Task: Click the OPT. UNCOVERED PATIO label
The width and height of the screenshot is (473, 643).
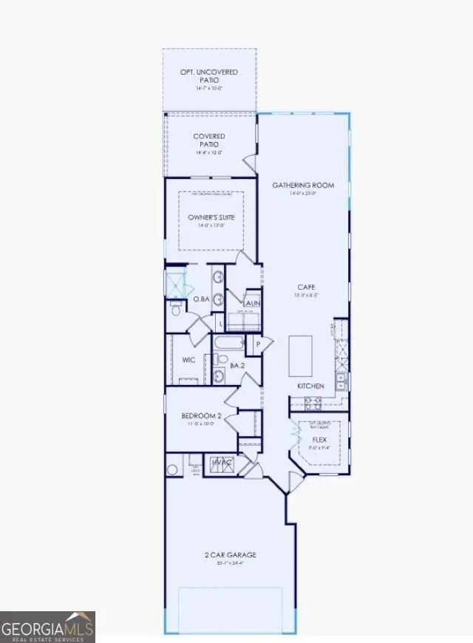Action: click(x=210, y=76)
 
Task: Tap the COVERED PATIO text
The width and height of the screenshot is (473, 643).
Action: click(x=209, y=140)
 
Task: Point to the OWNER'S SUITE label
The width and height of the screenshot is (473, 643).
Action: click(x=211, y=217)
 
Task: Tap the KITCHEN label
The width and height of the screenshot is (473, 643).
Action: click(x=311, y=387)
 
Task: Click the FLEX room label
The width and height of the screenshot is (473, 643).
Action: click(x=319, y=439)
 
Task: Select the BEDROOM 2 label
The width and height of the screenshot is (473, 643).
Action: click(x=202, y=416)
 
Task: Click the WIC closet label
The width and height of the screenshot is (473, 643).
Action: click(x=188, y=360)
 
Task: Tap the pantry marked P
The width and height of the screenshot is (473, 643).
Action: click(x=259, y=344)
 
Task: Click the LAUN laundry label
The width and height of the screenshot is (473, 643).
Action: click(x=252, y=303)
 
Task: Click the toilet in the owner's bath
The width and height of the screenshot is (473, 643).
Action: click(x=177, y=309)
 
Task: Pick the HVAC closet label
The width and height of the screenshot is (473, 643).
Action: click(x=222, y=463)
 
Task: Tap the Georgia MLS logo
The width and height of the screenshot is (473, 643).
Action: click(x=48, y=627)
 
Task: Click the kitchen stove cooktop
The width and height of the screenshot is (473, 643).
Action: click(x=313, y=403)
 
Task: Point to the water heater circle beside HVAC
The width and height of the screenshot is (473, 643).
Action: click(x=173, y=469)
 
